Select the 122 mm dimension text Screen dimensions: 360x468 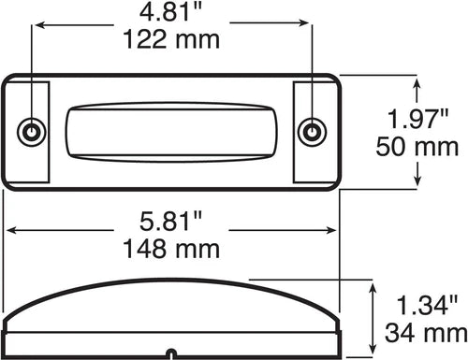[x=170, y=39]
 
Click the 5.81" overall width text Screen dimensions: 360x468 [x=170, y=223]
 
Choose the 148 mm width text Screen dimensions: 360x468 [x=170, y=249]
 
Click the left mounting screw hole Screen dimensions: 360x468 [x=33, y=132]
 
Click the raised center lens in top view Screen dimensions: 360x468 [x=170, y=132]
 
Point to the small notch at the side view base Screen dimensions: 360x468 [x=170, y=353]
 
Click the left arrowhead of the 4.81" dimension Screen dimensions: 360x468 [x=38, y=27]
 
